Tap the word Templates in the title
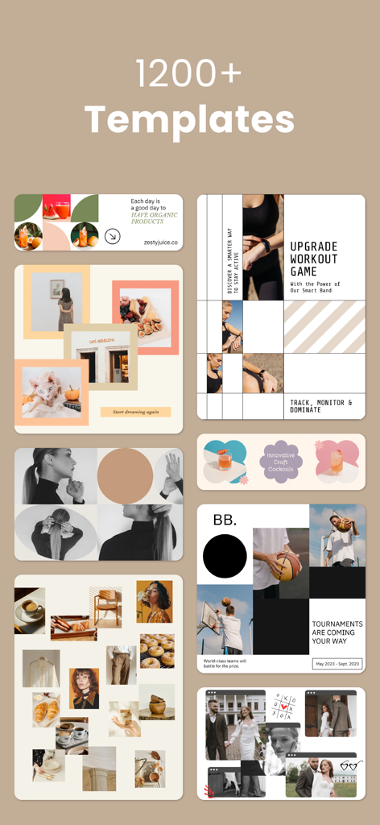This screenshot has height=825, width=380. [189, 119]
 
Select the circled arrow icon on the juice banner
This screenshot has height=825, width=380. [113, 236]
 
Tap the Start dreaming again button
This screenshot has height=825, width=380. [135, 412]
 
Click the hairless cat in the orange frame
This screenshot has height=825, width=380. [50, 392]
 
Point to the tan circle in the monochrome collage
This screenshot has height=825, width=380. [125, 475]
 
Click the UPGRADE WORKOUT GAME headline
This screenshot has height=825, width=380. [314, 259]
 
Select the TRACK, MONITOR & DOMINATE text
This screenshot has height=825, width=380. [321, 405]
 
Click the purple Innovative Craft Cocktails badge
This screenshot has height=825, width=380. [282, 461]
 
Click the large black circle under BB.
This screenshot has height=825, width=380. [225, 557]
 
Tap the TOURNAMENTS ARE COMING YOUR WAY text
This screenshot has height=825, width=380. [337, 632]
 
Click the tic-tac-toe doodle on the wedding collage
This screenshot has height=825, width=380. [283, 704]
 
